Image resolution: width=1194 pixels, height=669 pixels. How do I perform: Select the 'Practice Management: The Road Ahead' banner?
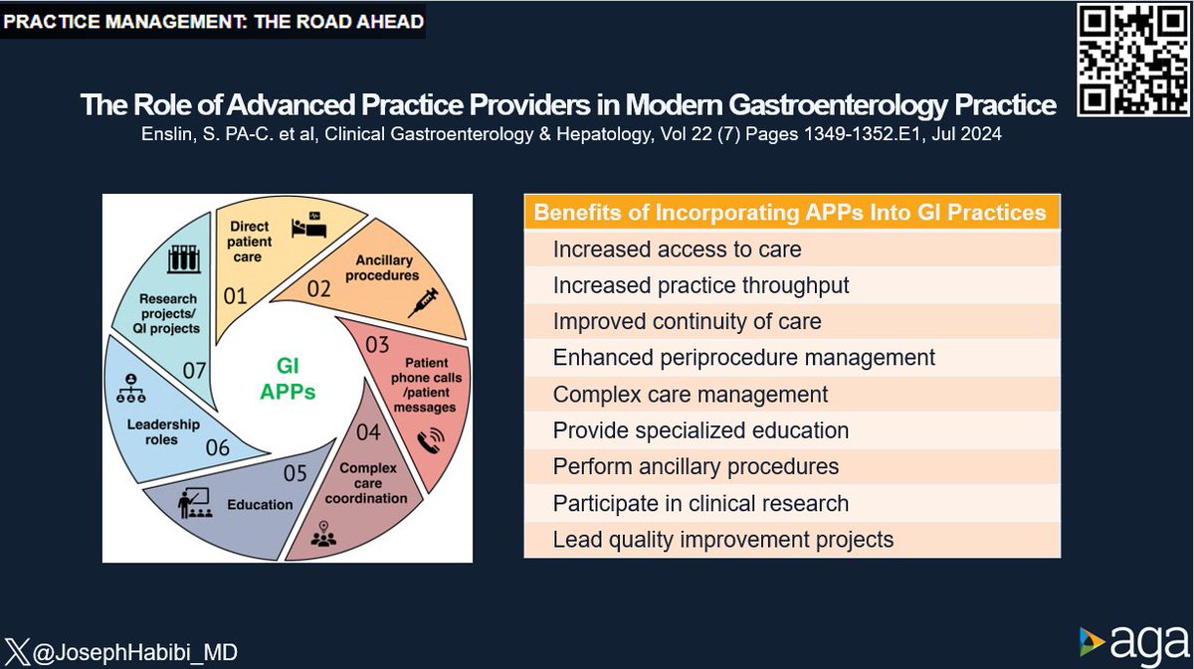[x=213, y=20]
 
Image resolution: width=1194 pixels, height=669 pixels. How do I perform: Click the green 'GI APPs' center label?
[x=288, y=379]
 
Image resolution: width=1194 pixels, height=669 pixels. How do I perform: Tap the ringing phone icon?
[x=432, y=441]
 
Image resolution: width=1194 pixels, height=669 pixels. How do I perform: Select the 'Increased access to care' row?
[x=791, y=250]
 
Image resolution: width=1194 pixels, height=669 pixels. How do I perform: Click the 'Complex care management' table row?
[x=791, y=395]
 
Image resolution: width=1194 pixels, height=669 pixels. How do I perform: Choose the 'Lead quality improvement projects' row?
[x=791, y=540]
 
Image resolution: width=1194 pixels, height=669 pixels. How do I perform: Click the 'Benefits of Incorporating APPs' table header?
[x=791, y=212]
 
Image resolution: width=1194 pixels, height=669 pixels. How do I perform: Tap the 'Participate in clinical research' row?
[x=791, y=503]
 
